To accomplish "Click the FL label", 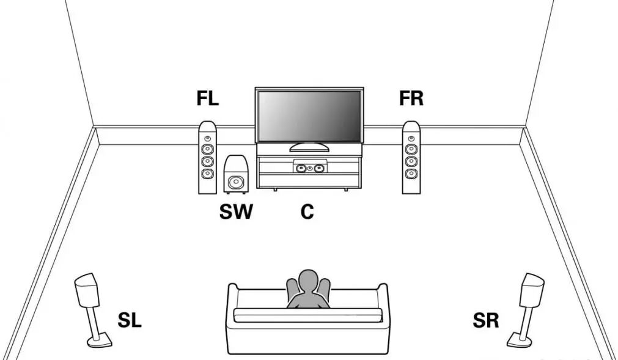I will [208, 98].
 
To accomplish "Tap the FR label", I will [411, 98].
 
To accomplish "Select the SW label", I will [236, 211].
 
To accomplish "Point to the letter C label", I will [307, 211].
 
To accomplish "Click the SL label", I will [130, 319].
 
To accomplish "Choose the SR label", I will [486, 320].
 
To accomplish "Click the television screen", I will [309, 116].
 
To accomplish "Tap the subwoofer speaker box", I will [235, 174].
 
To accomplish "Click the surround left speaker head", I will [86, 291].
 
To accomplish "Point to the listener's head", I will [308, 282].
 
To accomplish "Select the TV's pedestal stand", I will [309, 147].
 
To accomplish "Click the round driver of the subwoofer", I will [235, 182].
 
